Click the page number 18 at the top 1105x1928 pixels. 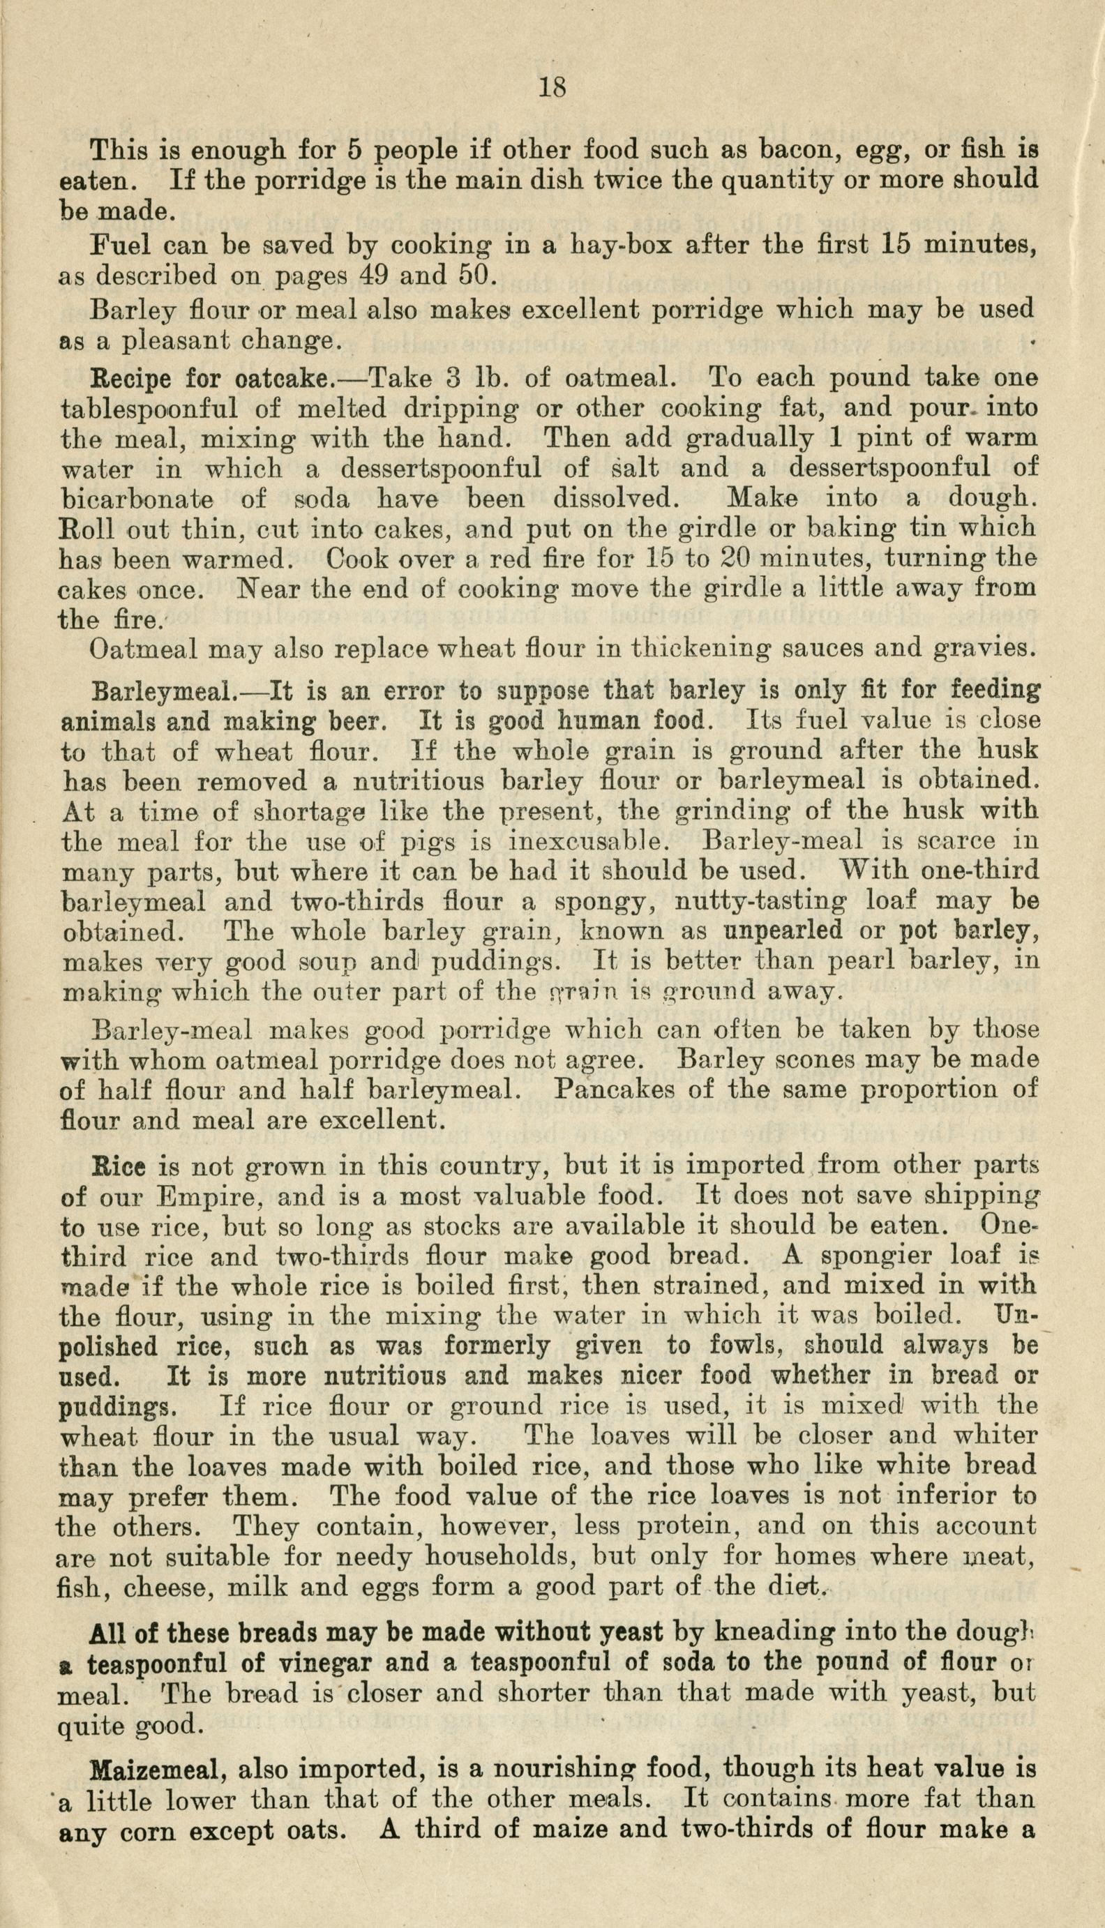(552, 89)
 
